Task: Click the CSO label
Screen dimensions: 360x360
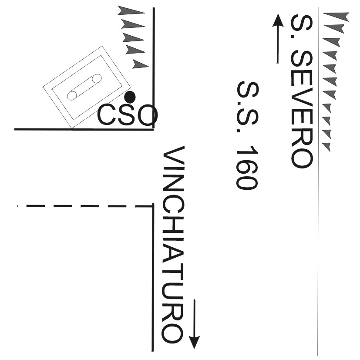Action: point(127,115)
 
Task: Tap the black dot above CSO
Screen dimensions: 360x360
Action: point(130,97)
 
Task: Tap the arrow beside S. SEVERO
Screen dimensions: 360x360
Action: point(277,39)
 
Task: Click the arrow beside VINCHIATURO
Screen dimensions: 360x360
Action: point(195,324)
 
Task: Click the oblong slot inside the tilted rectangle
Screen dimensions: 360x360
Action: point(84,87)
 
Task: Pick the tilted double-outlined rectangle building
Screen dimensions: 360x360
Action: point(87,87)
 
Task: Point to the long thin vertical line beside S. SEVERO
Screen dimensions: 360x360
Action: point(318,218)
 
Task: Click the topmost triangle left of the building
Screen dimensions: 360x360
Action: point(131,10)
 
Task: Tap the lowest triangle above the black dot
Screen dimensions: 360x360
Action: point(140,65)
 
